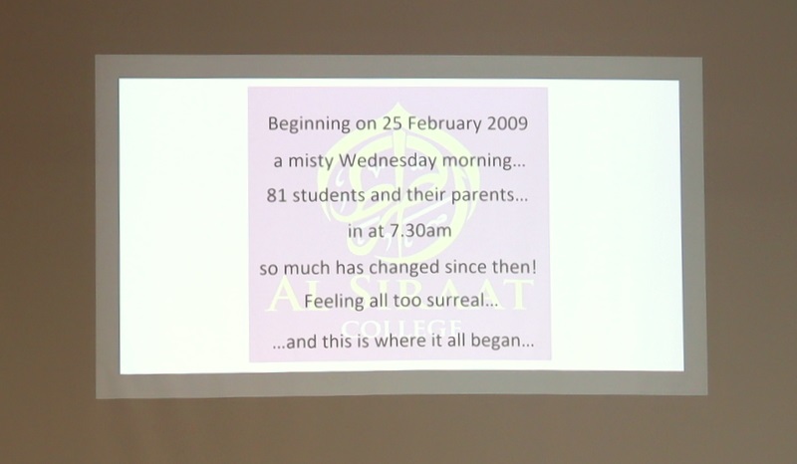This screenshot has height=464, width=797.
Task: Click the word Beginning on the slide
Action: click(309, 124)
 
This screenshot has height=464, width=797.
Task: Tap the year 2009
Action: click(507, 123)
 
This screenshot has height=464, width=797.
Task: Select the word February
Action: click(444, 124)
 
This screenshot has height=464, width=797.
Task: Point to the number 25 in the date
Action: click(393, 123)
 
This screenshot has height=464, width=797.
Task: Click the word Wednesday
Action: click(388, 161)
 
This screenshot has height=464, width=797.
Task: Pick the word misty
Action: click(311, 161)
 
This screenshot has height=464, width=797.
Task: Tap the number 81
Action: click(277, 195)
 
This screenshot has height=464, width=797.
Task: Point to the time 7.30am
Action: click(419, 231)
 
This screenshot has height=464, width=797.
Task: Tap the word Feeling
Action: click(335, 302)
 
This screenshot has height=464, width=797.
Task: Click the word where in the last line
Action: click(400, 341)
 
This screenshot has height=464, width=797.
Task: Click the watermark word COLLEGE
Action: click(401, 327)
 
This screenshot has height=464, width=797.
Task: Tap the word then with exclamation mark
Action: click(514, 266)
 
